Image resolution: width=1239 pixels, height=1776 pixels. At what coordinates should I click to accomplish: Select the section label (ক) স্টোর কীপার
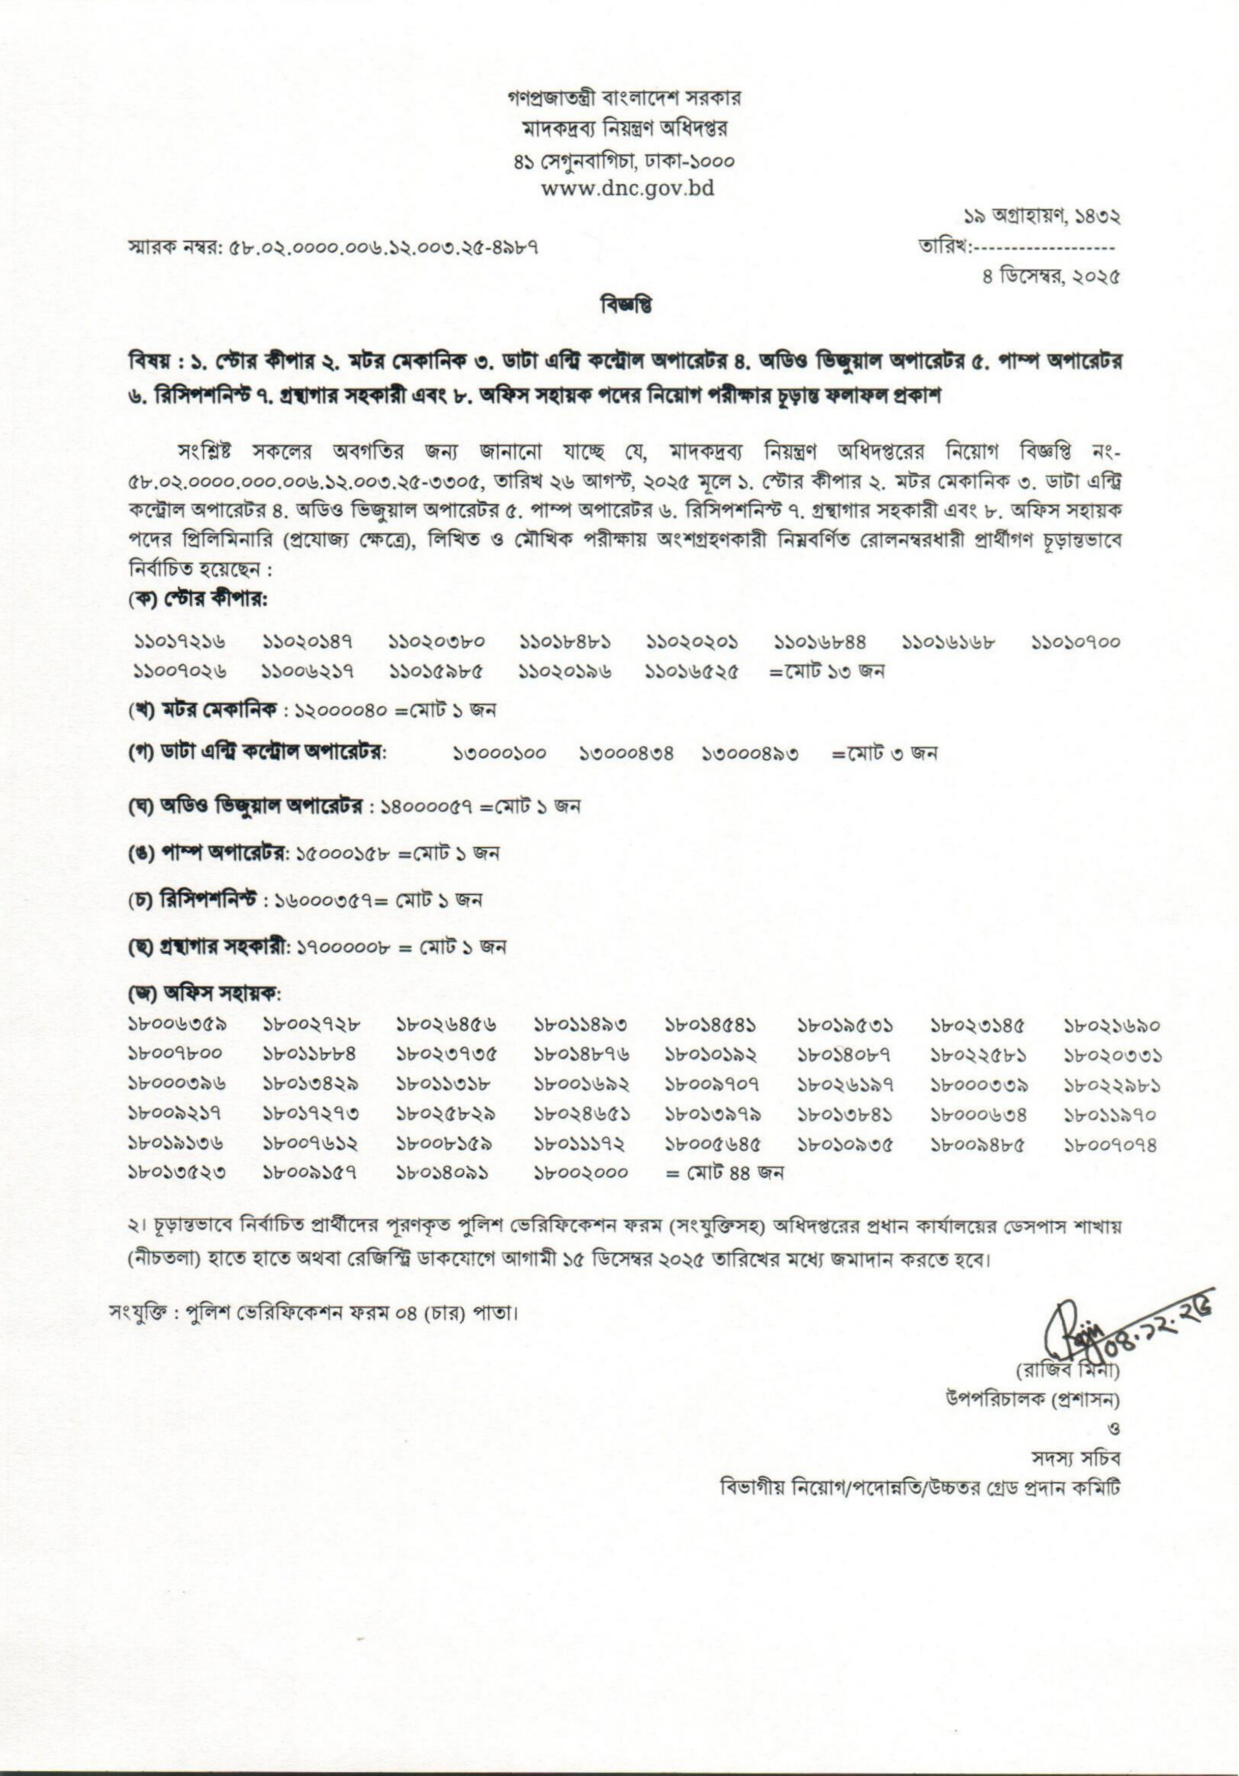[x=198, y=600]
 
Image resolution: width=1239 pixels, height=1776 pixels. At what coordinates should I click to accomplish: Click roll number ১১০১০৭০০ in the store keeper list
[x=1076, y=642]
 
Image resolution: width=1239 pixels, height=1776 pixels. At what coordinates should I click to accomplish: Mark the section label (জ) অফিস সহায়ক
[x=205, y=992]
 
